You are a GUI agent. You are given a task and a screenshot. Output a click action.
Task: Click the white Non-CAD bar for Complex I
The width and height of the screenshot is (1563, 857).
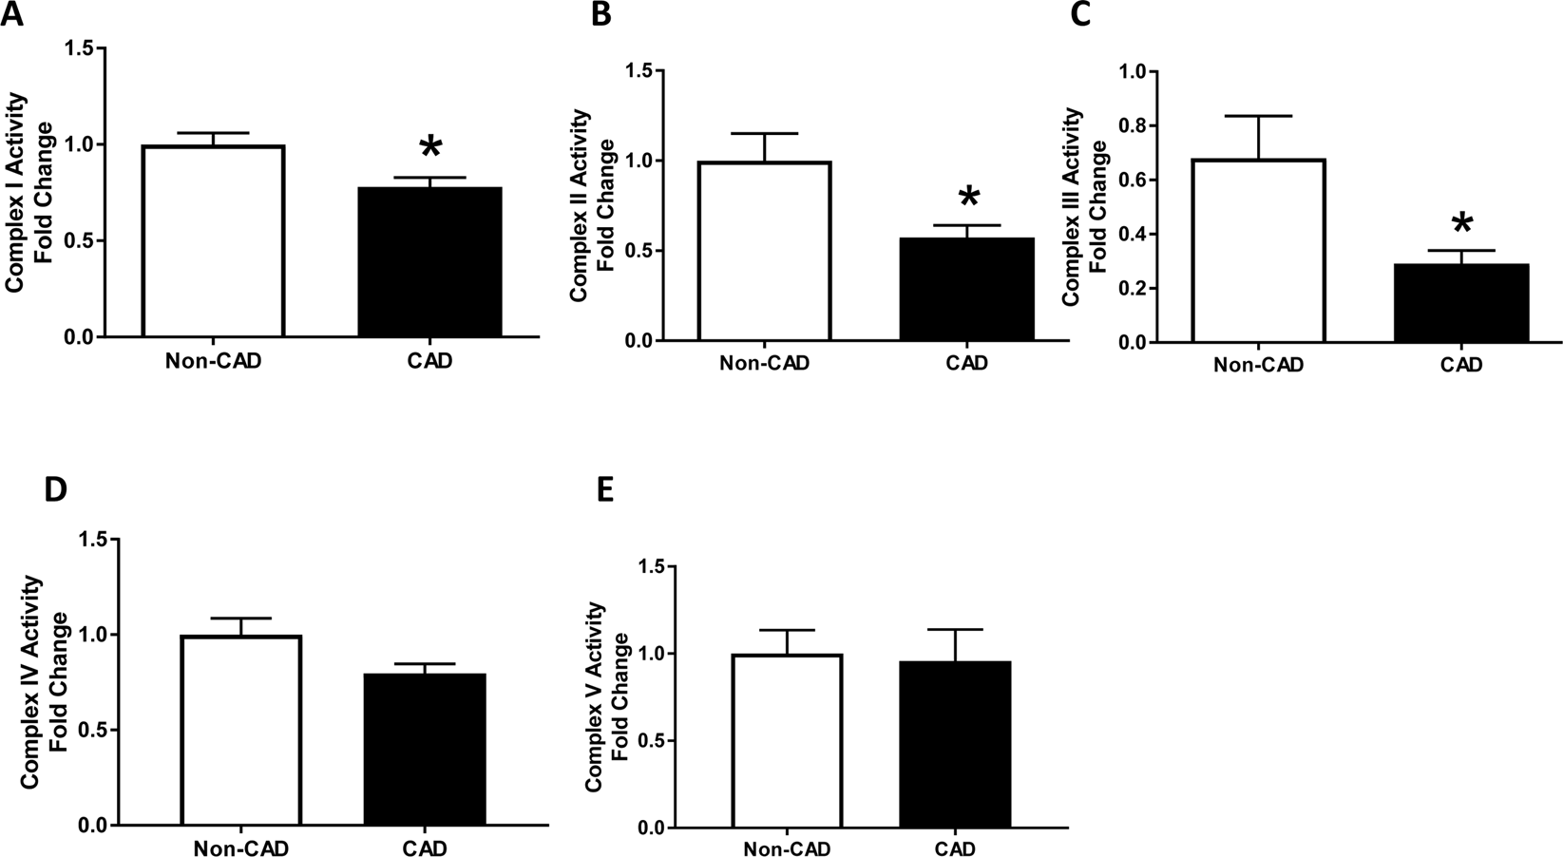pyautogui.click(x=213, y=241)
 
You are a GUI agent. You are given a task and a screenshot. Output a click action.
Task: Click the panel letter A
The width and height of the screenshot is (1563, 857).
pyautogui.click(x=11, y=17)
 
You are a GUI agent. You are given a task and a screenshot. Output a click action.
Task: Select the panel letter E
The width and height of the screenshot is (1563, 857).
pyautogui.click(x=602, y=490)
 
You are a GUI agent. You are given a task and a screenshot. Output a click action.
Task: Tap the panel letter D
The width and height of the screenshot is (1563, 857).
pyautogui.click(x=55, y=490)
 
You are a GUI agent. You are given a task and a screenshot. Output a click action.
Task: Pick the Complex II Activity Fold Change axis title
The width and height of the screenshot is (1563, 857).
pyautogui.click(x=593, y=206)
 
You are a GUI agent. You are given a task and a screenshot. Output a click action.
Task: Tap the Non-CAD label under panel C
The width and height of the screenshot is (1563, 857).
pyautogui.click(x=1258, y=365)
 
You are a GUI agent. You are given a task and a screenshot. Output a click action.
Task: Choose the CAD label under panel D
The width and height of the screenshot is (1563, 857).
pyautogui.click(x=425, y=848)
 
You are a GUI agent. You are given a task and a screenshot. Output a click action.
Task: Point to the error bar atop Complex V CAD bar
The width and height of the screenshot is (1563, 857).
pyautogui.click(x=955, y=643)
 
